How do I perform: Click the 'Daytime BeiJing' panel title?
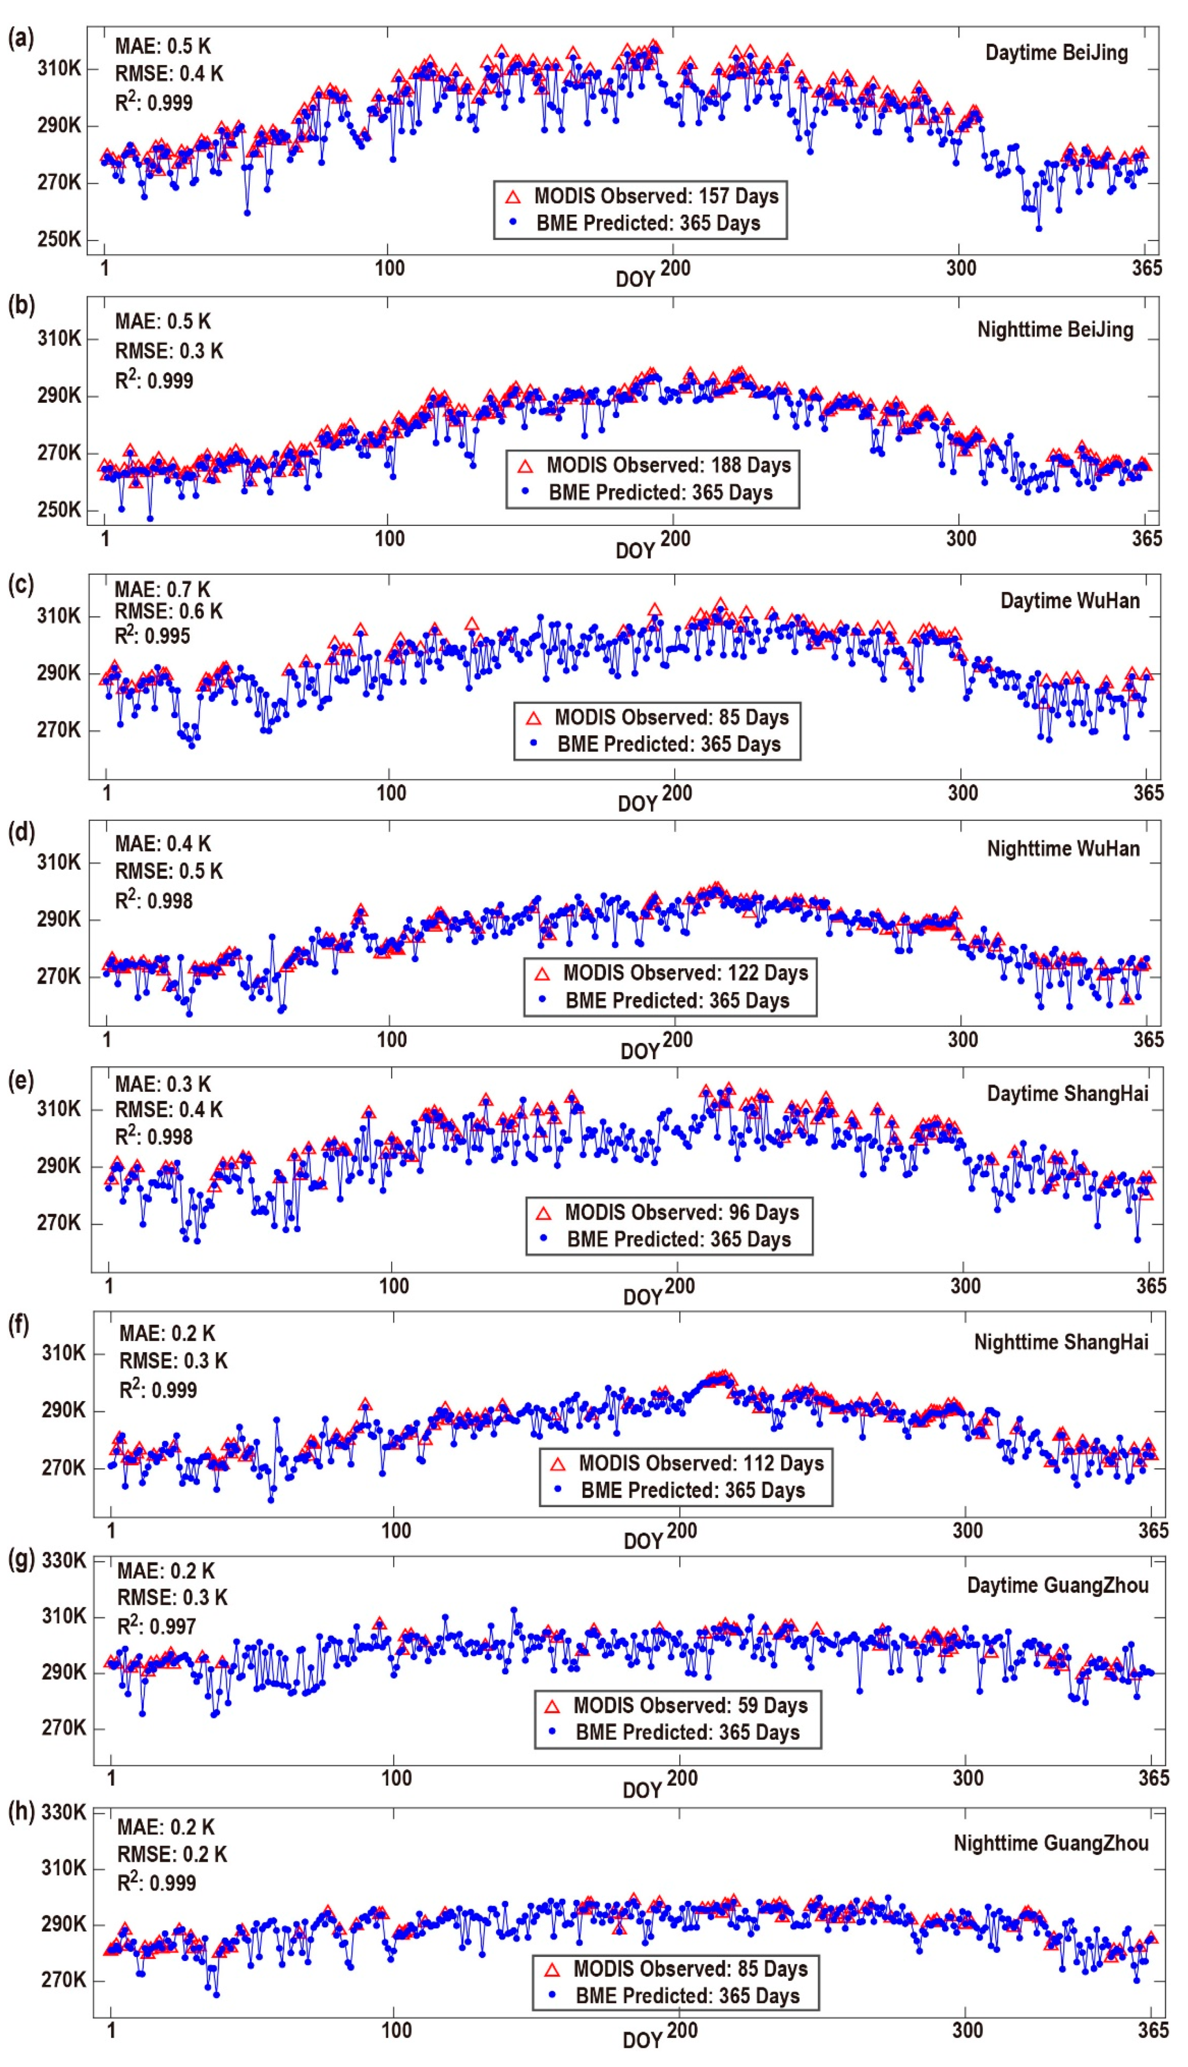(1056, 53)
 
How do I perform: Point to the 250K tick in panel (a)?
(59, 240)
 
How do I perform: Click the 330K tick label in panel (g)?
(63, 1560)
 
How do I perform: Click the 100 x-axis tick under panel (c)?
(391, 792)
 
